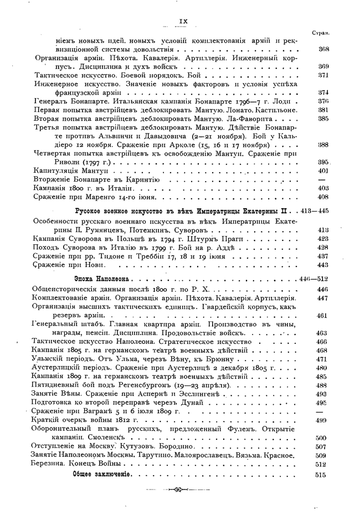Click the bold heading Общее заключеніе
(101, 475)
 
